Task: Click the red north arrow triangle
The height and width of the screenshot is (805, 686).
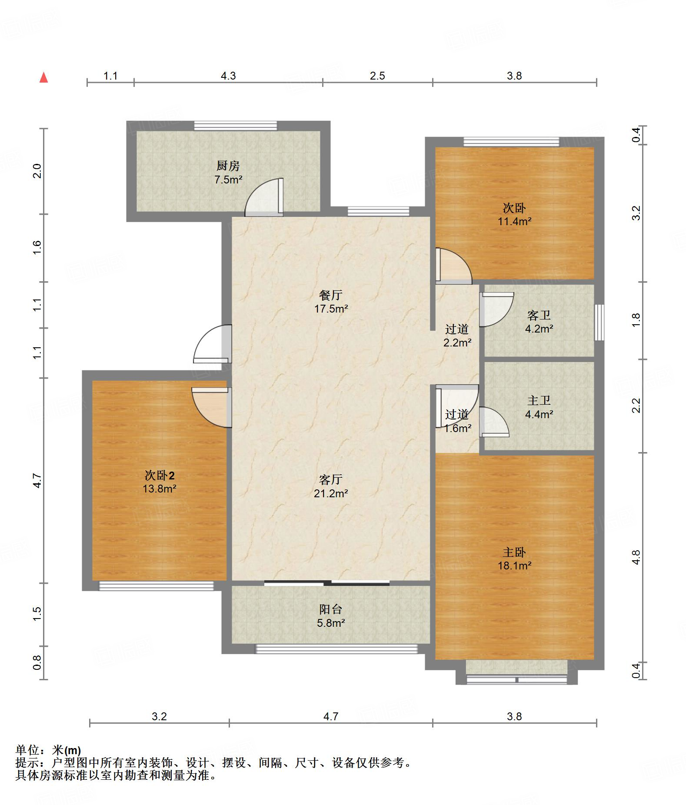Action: tap(43, 77)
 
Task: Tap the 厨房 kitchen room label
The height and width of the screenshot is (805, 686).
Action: tap(228, 166)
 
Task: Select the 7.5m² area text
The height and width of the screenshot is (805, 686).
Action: tap(228, 180)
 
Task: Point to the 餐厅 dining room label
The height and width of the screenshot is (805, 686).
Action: tap(331, 295)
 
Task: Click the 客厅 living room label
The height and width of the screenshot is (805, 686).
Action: tap(331, 479)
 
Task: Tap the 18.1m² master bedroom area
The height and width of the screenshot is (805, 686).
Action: tap(515, 565)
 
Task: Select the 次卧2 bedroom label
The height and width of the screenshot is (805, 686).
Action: tap(160, 475)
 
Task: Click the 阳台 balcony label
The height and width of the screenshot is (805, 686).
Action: tap(331, 609)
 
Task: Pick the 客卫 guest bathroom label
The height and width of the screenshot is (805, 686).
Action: tap(539, 315)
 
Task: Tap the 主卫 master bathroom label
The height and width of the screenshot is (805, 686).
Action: tap(539, 400)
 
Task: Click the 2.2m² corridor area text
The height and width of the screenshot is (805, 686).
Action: tap(457, 343)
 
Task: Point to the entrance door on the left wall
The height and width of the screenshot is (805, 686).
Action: tap(212, 344)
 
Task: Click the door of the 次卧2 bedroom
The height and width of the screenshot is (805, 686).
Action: tap(211, 407)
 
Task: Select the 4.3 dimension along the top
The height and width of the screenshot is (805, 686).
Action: tap(228, 76)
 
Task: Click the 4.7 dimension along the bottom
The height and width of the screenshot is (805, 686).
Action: tap(331, 716)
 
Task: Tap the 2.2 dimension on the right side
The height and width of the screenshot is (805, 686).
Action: tap(636, 406)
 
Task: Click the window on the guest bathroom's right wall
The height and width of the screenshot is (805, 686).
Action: tap(599, 322)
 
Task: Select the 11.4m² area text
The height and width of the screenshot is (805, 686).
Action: tap(515, 221)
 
